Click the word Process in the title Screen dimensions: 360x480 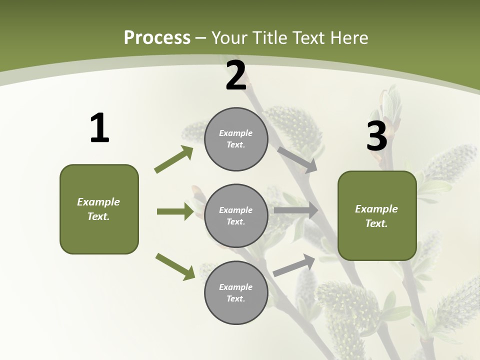point(157,38)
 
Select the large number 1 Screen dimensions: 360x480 point(99,128)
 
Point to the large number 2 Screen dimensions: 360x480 point(236,76)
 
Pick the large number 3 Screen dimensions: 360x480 point(376,136)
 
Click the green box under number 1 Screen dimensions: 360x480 point(99,209)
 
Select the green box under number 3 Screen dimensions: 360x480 point(377,215)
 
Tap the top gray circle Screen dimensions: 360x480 point(236,139)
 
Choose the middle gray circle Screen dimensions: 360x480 point(236,216)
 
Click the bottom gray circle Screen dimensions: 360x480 point(236,293)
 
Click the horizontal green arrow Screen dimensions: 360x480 point(175,211)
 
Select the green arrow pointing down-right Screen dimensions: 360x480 point(175,266)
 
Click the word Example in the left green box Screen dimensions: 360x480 point(98,202)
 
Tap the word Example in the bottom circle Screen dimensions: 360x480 point(236,287)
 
